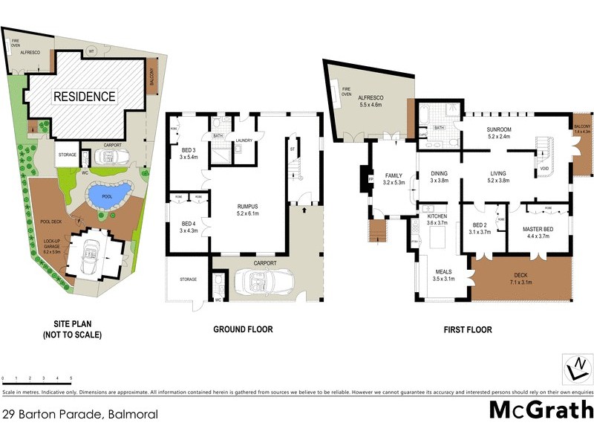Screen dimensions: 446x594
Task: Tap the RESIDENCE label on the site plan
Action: coord(83,96)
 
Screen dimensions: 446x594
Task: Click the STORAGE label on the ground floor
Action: coord(188,279)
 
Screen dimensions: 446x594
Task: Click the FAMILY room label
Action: coord(392,176)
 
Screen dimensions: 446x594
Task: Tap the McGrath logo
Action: coord(541,410)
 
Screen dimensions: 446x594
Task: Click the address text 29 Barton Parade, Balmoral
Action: coord(80,414)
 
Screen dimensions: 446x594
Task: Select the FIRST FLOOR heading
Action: coord(467,329)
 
